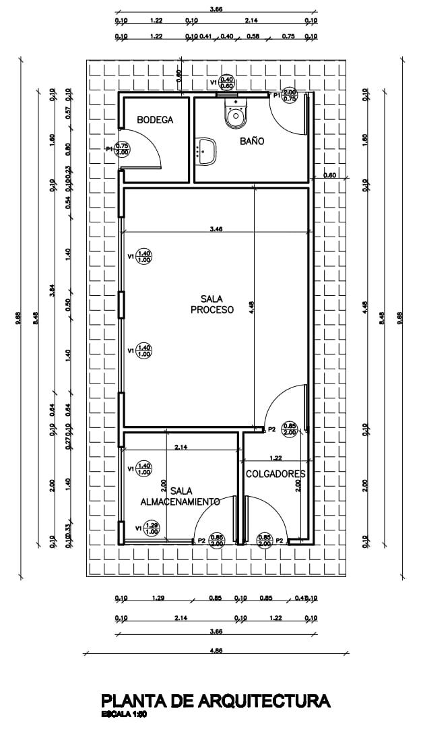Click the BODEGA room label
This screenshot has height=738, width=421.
155,120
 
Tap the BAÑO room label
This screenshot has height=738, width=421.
252,142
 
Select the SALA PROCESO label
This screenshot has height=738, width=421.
212,305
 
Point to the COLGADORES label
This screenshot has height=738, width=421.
276,474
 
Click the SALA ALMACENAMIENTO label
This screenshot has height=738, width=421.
180,497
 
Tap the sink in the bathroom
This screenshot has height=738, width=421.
205,151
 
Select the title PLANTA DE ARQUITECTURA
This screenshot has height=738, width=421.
216,702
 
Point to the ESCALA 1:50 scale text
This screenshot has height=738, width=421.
124,714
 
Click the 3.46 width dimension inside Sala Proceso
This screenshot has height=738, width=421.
216,229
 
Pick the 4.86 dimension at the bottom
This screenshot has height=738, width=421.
216,650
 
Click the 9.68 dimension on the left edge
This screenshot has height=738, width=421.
19,318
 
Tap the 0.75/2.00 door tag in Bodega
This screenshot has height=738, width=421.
122,149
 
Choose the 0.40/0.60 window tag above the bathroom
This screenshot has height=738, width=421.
226,83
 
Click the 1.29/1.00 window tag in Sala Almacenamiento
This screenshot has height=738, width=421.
152,528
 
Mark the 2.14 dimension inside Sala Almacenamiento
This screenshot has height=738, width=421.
181,447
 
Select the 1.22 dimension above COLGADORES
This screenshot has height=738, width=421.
276,458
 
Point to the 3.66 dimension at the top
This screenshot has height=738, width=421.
216,9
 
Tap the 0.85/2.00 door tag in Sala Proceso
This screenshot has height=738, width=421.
290,429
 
